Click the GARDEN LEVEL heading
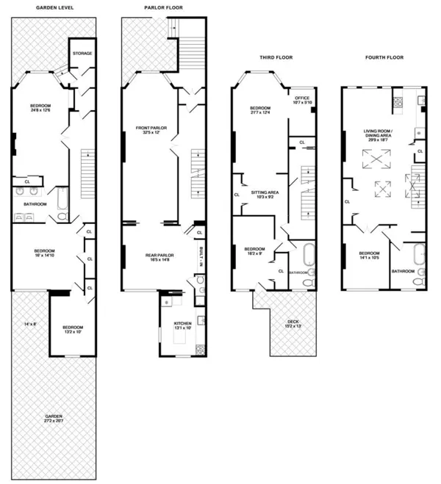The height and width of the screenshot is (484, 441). click(56, 7)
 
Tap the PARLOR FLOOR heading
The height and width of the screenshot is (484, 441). click(163, 7)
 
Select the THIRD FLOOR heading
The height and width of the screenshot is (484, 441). click(276, 57)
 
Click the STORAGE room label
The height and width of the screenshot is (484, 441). click(82, 53)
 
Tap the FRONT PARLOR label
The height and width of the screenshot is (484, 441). click(151, 130)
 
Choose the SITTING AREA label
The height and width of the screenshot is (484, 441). click(268, 193)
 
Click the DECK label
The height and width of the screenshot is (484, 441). click(293, 321)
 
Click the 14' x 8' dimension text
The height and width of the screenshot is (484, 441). click(30, 324)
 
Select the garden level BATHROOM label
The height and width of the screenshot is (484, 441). click(35, 204)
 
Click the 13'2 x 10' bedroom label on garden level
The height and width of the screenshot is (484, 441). click(72, 329)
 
